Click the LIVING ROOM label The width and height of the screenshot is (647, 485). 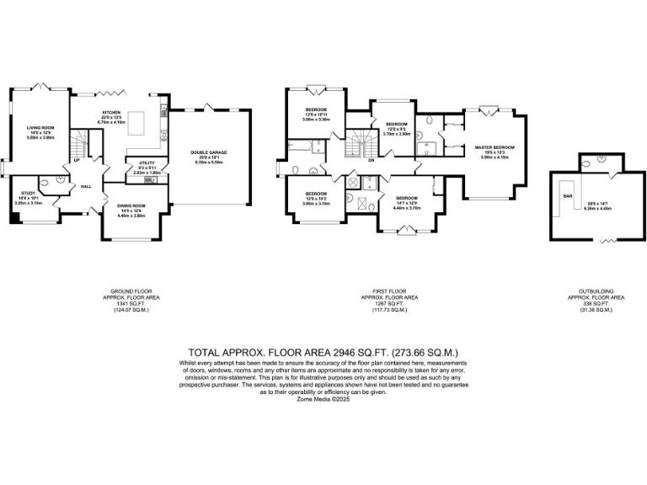(x=40, y=128)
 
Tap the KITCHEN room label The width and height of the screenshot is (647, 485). (x=111, y=112)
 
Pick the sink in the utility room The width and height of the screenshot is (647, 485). (x=148, y=179)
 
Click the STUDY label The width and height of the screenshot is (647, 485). (x=28, y=195)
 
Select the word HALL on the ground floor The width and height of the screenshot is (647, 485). (x=86, y=187)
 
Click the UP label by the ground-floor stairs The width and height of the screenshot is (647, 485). (x=77, y=159)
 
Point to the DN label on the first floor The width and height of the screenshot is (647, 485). (x=372, y=158)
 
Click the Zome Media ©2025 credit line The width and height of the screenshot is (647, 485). (x=323, y=399)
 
